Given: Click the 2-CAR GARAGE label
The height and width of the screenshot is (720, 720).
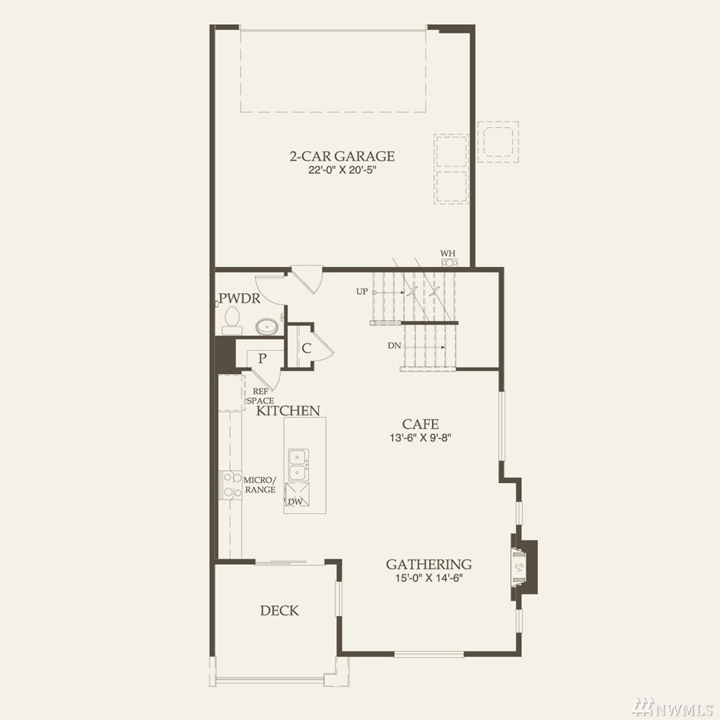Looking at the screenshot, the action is coord(342,156).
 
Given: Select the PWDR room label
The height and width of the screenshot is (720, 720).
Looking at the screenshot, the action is coord(239,298).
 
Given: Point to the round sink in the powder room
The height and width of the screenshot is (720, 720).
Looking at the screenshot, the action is coord(267,326).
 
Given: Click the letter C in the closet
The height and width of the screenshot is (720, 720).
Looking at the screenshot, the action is coord(306,348).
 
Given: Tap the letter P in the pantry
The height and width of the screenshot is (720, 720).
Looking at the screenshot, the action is coord(262,358).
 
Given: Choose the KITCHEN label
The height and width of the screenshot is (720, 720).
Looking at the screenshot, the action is coord(288,410).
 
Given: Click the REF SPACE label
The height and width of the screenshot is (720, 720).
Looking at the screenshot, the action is coord(260,396).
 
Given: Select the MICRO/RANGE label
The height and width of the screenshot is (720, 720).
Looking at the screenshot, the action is coord(260,485).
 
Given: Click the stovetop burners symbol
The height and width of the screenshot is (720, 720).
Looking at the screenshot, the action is coord(232,485).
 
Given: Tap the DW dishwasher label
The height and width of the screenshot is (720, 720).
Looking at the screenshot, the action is coord(295,502).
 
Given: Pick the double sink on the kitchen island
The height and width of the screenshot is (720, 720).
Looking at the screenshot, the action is coord(298,465).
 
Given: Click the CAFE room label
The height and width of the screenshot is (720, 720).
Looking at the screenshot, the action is coord(420,424).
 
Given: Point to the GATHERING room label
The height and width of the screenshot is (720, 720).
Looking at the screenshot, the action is coord(428,564).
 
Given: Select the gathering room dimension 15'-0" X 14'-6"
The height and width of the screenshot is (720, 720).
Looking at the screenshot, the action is coord(428,578).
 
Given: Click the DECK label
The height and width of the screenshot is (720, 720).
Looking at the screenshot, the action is coord(279,610).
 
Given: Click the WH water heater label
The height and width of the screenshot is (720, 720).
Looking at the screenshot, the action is coord(448,253).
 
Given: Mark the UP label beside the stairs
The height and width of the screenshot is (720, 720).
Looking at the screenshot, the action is coord(361,291).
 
